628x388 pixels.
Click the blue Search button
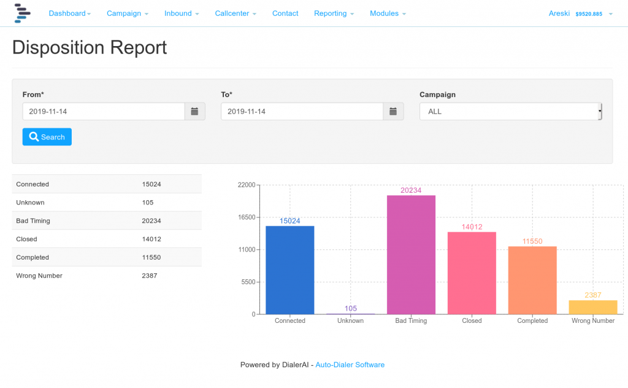pos(47,137)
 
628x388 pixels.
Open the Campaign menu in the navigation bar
pos(127,14)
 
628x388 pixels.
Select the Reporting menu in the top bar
pos(334,14)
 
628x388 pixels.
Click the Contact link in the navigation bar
pos(285,14)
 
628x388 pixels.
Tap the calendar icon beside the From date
pos(194,111)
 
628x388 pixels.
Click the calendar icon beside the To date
pos(393,111)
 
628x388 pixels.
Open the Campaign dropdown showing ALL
pos(510,111)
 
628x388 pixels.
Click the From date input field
pos(104,111)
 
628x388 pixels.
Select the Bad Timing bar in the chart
pos(411,255)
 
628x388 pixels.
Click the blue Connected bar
pos(289,270)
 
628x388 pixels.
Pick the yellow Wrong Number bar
pos(593,307)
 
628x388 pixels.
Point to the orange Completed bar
pos(532,280)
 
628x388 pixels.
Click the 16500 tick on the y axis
pos(246,217)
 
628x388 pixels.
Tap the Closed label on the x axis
pos(472,320)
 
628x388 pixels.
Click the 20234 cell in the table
pos(151,220)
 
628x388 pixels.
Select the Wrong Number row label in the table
pos(39,276)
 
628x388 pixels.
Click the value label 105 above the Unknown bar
pos(350,308)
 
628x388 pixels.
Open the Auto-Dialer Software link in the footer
pos(350,365)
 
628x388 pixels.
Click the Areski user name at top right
pos(560,14)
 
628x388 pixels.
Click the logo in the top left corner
pos(22,13)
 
